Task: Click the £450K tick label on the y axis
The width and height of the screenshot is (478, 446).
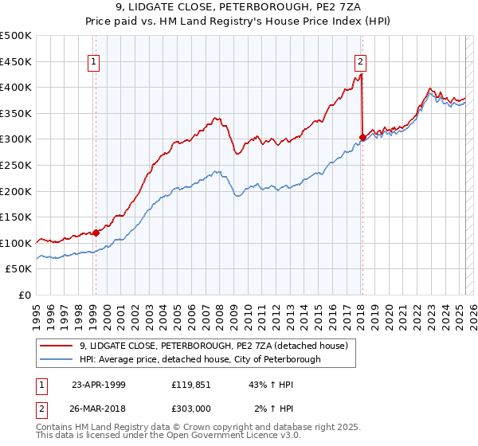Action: [x=16, y=61]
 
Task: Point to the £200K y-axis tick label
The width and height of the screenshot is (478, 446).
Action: [x=16, y=191]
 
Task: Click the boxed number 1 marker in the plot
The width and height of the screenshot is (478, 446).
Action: [x=95, y=61]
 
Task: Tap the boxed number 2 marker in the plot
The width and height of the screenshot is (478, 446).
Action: [x=361, y=61]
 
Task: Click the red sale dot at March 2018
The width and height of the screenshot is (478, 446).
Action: [x=362, y=138]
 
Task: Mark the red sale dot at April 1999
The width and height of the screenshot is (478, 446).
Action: [x=96, y=233]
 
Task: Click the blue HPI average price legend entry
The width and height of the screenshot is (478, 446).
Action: [x=199, y=359]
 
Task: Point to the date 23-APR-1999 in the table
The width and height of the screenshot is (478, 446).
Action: [x=98, y=384]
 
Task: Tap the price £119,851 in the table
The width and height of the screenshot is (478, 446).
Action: [x=192, y=384]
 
